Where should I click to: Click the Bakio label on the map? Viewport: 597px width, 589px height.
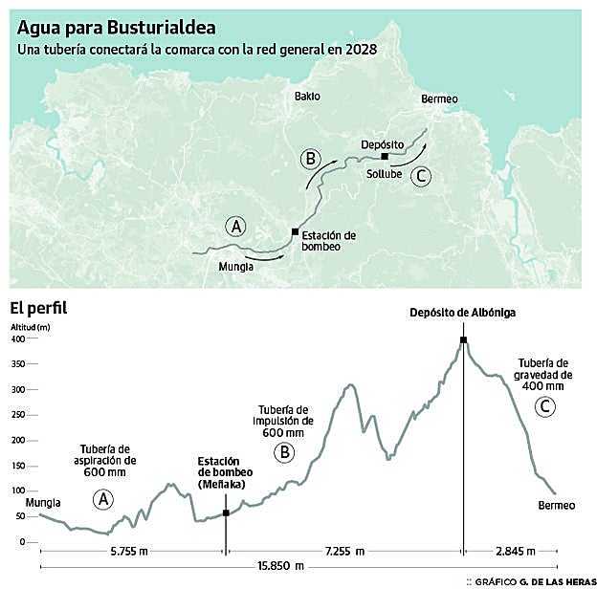307,97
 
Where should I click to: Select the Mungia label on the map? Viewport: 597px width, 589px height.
235,267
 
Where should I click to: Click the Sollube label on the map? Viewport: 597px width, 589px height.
385,175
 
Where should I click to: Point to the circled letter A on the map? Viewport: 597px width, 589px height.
234,227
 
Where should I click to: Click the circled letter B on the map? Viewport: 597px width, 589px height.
308,158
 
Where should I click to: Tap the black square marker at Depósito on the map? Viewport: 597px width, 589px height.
384,156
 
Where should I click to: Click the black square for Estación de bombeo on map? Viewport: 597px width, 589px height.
295,230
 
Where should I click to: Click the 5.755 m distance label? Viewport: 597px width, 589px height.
130,552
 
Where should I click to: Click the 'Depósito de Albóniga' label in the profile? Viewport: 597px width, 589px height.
461,313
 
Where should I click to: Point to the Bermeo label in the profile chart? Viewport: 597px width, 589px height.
557,505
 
